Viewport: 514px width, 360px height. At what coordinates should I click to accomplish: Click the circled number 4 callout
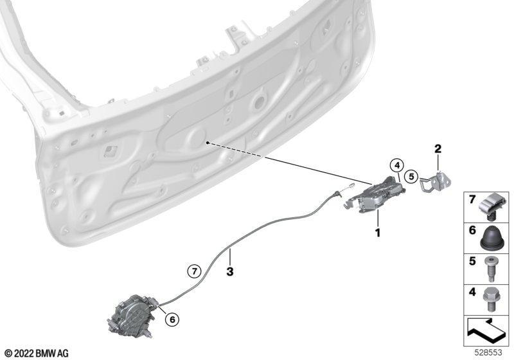(397, 166)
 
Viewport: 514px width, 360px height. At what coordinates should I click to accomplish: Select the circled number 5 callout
(411, 177)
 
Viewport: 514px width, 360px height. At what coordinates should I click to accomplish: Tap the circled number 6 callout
(172, 319)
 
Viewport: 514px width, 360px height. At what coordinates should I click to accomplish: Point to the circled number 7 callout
(195, 271)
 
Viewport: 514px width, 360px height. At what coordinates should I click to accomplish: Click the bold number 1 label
(378, 233)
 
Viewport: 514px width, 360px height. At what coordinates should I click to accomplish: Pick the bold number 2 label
(438, 149)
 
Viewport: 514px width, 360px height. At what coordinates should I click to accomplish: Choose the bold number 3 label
(230, 271)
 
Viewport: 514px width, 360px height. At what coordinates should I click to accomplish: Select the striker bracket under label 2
(435, 182)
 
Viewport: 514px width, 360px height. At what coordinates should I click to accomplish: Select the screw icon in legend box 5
(490, 269)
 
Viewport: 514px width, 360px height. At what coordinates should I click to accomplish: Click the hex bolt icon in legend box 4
(490, 300)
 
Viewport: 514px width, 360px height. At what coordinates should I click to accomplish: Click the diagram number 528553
(488, 353)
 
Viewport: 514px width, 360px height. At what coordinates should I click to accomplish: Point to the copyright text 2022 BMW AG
(37, 353)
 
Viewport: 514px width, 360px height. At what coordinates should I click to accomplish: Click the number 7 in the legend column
(472, 199)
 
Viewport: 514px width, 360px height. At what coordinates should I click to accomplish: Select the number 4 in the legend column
(472, 292)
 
